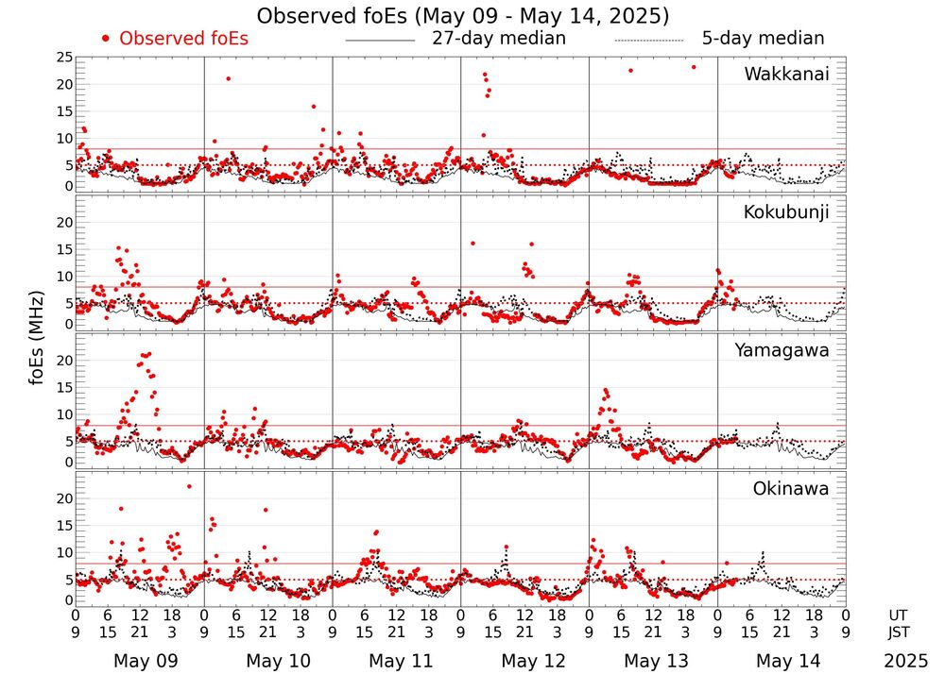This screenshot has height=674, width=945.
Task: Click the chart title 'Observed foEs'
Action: pyautogui.click(x=463, y=16)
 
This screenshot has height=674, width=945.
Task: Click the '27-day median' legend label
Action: pyautogui.click(x=499, y=39)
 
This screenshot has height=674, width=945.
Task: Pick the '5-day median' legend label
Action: pyautogui.click(x=763, y=39)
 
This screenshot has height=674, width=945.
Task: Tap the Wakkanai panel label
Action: pyautogui.click(x=786, y=74)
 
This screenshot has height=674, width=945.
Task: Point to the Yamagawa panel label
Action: pyautogui.click(x=782, y=350)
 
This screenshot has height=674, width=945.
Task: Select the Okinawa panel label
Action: pyautogui.click(x=790, y=488)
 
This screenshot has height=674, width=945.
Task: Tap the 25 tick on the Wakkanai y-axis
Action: pyautogui.click(x=62, y=58)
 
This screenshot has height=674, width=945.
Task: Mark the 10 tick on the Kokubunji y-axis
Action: pyautogui.click(x=62, y=276)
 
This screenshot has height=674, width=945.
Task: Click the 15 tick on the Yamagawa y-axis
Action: pyautogui.click(x=62, y=387)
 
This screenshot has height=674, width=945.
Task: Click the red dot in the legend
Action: pyautogui.click(x=106, y=39)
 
